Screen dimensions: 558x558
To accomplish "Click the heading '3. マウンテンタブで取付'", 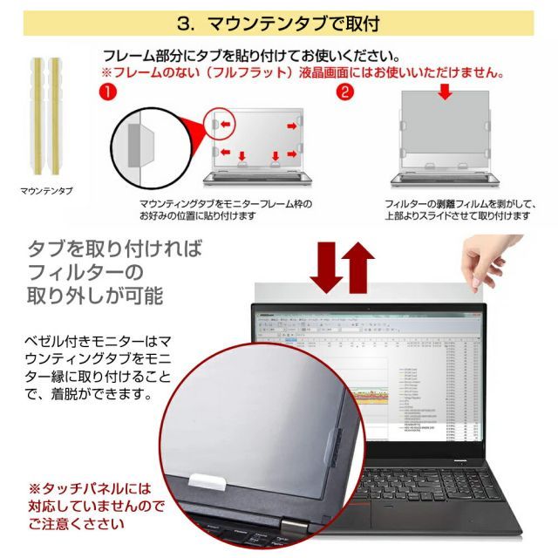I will [278, 22].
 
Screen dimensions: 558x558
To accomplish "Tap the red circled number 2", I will [346, 90].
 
